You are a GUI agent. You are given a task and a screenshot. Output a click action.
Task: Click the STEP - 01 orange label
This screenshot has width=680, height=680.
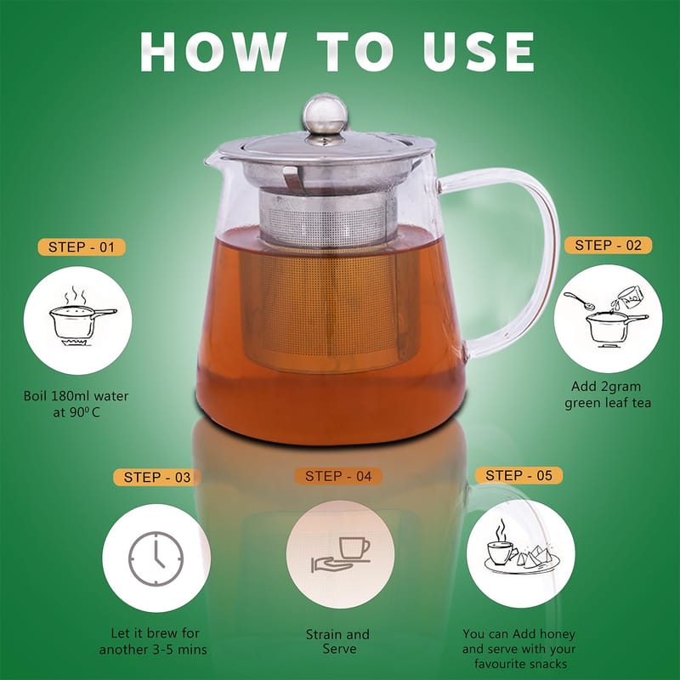pos(82,247)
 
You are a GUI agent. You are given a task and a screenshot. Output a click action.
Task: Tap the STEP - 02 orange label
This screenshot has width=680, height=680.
pos(608,246)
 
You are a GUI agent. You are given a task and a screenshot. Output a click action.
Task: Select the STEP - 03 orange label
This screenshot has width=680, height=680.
pos(157,478)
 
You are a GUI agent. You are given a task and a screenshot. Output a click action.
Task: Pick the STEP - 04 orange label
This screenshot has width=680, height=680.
pos(338,476)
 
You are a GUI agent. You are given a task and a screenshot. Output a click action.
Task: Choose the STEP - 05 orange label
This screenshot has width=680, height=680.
pos(518,475)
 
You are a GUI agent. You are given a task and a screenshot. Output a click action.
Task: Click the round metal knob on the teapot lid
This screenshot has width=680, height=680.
pos(325,114)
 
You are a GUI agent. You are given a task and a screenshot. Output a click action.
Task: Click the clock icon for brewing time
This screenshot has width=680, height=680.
pos(156,559)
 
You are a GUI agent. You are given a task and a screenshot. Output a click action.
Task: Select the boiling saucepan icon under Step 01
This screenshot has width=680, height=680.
pos(82,316)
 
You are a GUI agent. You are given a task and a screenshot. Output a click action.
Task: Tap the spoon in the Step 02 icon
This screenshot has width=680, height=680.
pos(580,301)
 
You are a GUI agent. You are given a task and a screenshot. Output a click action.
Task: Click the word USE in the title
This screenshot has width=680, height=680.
pos(479,52)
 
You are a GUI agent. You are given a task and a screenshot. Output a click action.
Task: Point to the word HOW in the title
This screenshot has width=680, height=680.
pos(213,52)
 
